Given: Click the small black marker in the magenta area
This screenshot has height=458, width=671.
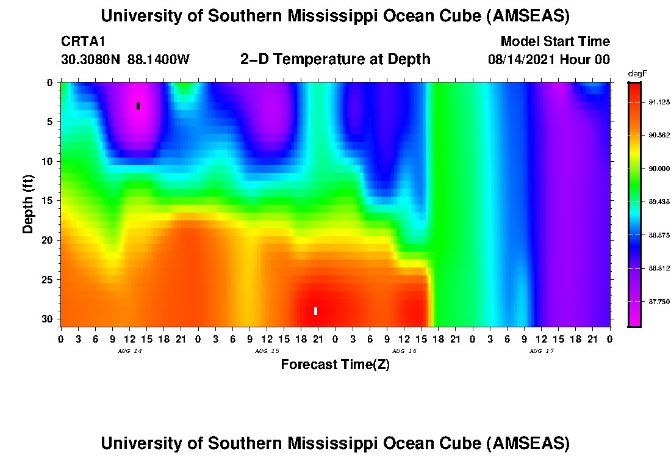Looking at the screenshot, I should click(138, 106).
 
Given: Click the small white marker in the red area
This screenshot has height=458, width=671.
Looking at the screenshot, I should click(315, 311).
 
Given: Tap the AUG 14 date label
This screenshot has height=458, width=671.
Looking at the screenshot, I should click(129, 351).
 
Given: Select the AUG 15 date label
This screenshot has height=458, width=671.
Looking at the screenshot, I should click(267, 351).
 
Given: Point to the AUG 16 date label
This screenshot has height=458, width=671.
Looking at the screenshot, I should click(404, 351).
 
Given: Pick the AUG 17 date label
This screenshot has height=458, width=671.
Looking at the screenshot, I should click(542, 351).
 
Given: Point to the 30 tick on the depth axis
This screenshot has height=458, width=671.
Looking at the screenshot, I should click(49, 319).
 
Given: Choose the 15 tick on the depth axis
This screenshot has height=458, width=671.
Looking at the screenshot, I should click(49, 201).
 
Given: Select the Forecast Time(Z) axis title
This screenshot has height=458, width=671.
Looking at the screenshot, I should click(335, 365).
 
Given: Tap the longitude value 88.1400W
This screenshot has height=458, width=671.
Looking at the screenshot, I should click(159, 60).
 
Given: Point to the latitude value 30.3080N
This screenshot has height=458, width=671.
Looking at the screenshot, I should click(91, 60).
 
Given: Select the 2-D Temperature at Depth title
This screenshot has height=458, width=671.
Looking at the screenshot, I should click(335, 59).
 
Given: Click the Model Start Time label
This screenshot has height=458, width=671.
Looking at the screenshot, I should click(554, 42).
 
